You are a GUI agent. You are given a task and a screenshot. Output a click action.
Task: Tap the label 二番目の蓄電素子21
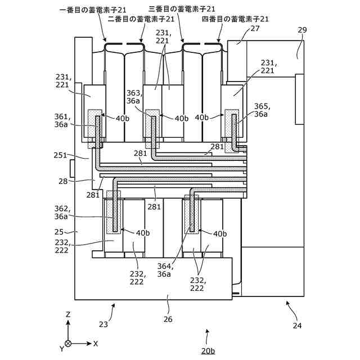[x=141, y=19]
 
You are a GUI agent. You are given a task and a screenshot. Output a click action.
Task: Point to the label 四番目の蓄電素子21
[x=235, y=19]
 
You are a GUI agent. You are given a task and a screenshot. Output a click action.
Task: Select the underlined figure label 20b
[x=208, y=350]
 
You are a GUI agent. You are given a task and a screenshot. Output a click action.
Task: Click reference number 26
[x=168, y=319]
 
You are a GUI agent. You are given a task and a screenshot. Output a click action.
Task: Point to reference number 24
[x=297, y=325]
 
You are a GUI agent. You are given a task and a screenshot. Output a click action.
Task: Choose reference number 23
[x=103, y=324]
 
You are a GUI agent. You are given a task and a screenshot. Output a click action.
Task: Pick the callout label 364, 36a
[x=165, y=270]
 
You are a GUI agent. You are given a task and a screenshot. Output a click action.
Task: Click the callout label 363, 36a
[x=133, y=97]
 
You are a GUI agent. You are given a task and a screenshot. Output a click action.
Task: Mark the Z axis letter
[x=68, y=314]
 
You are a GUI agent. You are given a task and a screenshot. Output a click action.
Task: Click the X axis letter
[x=96, y=343]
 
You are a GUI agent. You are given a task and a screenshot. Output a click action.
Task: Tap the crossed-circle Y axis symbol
[x=68, y=343]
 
